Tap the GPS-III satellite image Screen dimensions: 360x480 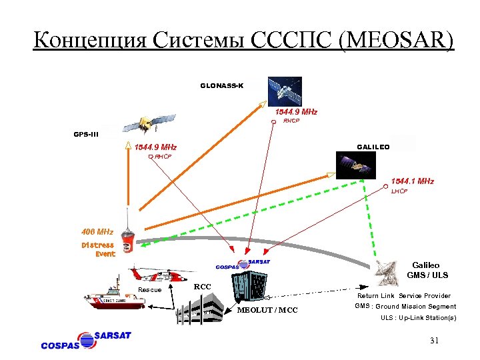(146, 124)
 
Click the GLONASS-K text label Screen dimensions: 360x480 (222, 85)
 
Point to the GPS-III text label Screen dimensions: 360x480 (86, 134)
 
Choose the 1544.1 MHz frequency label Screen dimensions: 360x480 (412, 181)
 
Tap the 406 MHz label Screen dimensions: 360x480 (97, 232)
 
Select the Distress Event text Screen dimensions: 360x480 (98, 249)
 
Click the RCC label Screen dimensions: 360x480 (202, 287)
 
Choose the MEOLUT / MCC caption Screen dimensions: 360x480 (267, 310)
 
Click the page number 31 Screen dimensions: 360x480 (434, 341)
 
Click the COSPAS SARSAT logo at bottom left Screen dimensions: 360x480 (87, 339)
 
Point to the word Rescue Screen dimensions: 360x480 (149, 289)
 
